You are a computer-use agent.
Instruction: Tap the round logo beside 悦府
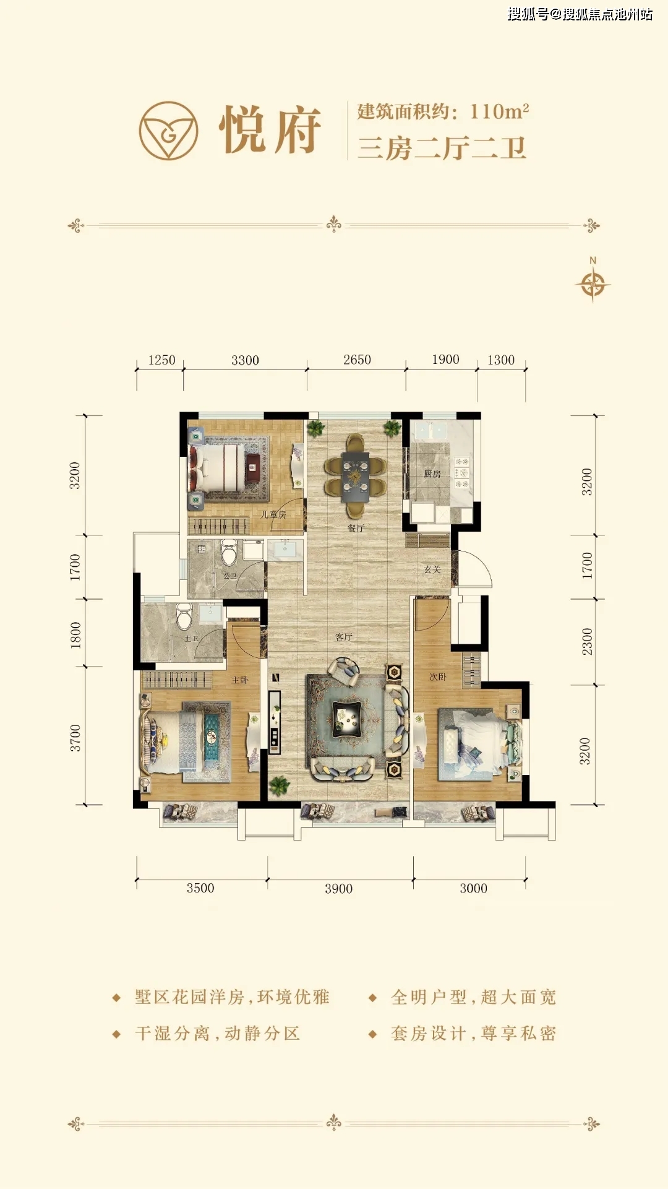point(168,131)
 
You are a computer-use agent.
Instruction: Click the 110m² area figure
point(499,111)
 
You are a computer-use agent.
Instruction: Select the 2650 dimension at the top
point(357,360)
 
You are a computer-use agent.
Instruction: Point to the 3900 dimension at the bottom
point(338,889)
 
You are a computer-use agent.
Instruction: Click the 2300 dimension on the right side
point(587,642)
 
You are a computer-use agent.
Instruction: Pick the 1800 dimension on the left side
point(75,635)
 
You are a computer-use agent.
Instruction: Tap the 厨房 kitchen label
point(432,473)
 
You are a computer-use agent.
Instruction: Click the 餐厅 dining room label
point(356,528)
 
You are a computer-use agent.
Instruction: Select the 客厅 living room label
point(344,637)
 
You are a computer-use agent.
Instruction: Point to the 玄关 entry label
point(432,569)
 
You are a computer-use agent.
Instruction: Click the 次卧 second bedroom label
point(438,677)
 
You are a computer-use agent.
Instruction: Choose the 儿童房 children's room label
point(273,514)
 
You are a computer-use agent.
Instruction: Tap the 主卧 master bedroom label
point(239,680)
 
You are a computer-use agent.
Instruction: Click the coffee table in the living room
point(347,718)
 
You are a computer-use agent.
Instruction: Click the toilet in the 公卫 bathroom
point(229,551)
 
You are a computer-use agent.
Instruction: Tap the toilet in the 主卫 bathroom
point(184,616)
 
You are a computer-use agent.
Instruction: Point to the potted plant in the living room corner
point(280,785)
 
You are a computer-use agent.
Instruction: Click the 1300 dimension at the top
point(501,360)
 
